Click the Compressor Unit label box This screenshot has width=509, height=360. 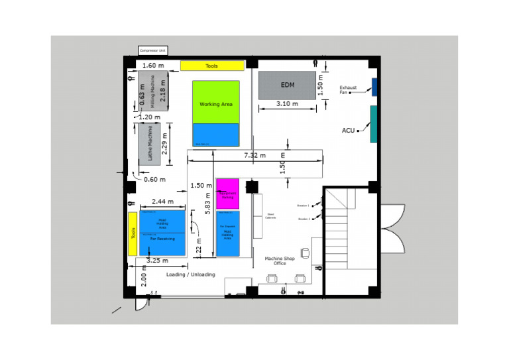tap(153, 50)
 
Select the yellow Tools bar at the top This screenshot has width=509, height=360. tap(211, 66)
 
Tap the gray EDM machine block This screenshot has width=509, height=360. tap(287, 85)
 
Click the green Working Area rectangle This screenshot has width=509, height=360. tap(216, 102)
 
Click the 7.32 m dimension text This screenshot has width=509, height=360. tap(254, 155)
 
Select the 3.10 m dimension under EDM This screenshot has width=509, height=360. tap(287, 104)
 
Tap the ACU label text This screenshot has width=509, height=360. tap(348, 131)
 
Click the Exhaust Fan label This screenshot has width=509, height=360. tap(348, 90)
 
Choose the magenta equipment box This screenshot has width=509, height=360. tap(228, 194)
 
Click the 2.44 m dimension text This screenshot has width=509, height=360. tap(162, 202)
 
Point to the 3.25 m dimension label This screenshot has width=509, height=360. tap(157, 261)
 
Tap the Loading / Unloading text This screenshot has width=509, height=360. tap(190, 274)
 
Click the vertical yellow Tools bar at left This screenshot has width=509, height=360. tap(133, 233)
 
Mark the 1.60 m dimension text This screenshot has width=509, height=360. tap(153, 66)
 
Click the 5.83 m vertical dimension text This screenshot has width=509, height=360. tap(207, 200)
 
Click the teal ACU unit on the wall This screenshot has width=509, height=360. tap(374, 123)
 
